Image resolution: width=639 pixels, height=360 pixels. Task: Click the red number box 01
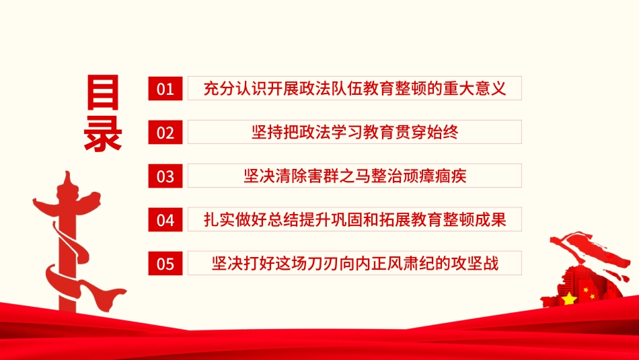click(165, 89)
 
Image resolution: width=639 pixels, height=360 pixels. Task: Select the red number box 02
click(165, 133)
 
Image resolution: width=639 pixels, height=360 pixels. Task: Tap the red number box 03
click(165, 176)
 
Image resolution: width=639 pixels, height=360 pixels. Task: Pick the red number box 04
click(165, 220)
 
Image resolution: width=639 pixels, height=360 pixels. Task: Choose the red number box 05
click(165, 264)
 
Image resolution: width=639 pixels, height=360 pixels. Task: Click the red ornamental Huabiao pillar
click(66, 236)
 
